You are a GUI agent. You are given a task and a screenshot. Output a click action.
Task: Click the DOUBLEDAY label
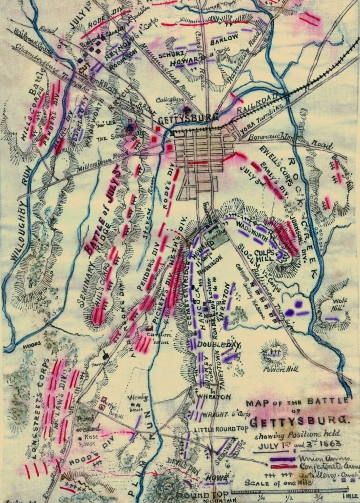[x=220, y=345]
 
